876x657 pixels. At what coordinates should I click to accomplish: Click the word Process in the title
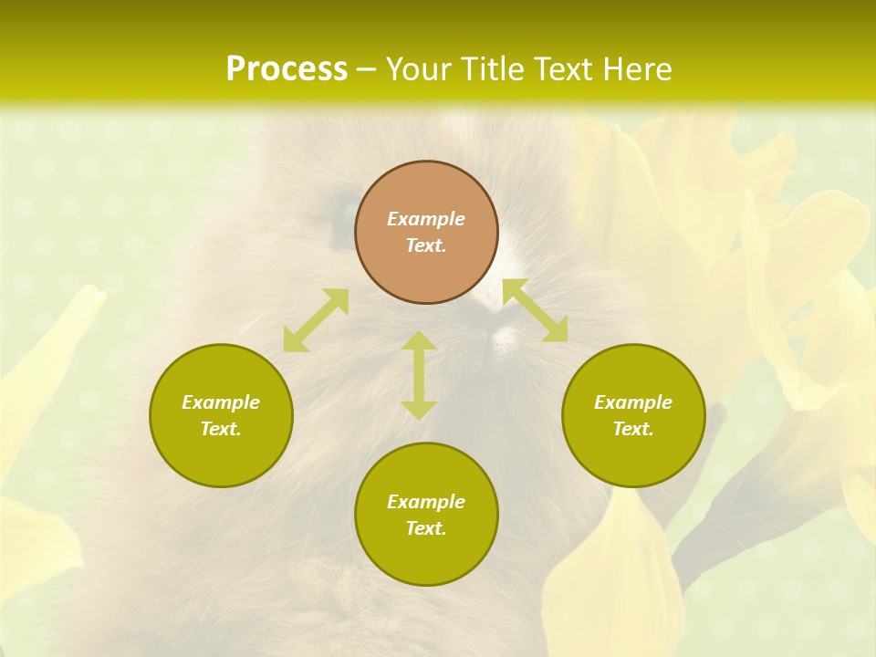point(287,69)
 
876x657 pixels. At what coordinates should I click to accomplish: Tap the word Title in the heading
point(493,69)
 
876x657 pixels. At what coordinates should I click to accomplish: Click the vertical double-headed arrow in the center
point(419,375)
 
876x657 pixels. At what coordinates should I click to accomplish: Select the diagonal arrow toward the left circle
point(316,320)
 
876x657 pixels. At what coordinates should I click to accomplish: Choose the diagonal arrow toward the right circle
point(535,310)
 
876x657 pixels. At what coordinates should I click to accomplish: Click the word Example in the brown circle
point(426,219)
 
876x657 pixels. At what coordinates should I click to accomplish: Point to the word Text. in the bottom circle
point(426,528)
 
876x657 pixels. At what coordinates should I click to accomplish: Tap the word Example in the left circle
point(221,402)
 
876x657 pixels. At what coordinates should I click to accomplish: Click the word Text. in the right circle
point(633,429)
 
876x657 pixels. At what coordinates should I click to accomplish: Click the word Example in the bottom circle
point(426,502)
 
